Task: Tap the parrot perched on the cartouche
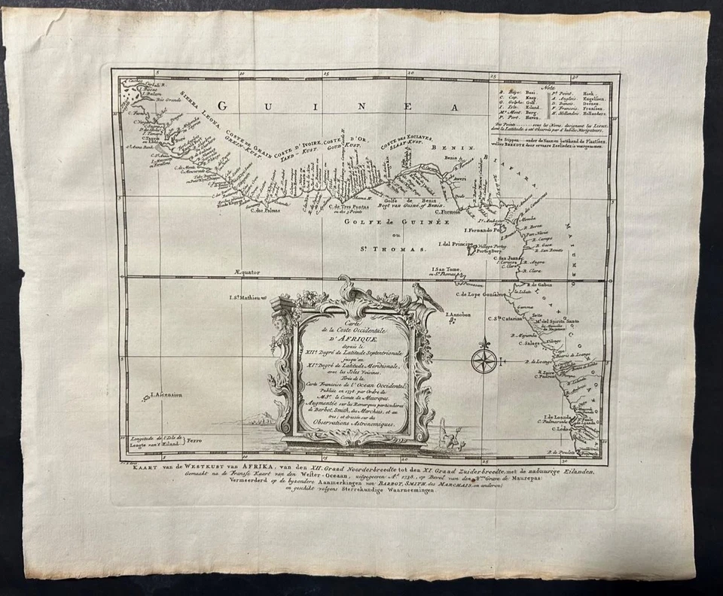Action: click(428, 296)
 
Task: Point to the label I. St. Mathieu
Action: click(249, 298)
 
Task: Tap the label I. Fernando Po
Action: click(483, 230)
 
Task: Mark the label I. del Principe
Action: click(450, 244)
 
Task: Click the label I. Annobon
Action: click(458, 315)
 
